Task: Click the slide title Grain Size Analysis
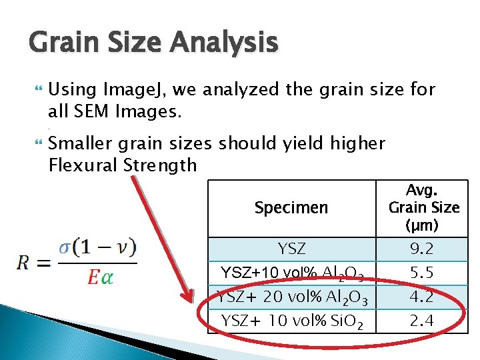tap(153, 43)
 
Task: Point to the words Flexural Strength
tap(123, 165)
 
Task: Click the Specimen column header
tap(291, 208)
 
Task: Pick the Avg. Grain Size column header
tap(424, 207)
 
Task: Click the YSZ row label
tap(291, 249)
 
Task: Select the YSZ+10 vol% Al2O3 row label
tap(291, 273)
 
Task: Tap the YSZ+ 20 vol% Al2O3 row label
tap(291, 297)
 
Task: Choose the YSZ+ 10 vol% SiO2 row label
tap(291, 321)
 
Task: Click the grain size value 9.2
tap(421, 249)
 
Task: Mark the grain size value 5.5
tap(421, 273)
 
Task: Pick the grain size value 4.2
tap(421, 297)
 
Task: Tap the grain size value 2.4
tap(421, 321)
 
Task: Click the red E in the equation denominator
tap(93, 277)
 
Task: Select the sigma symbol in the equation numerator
tap(65, 247)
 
